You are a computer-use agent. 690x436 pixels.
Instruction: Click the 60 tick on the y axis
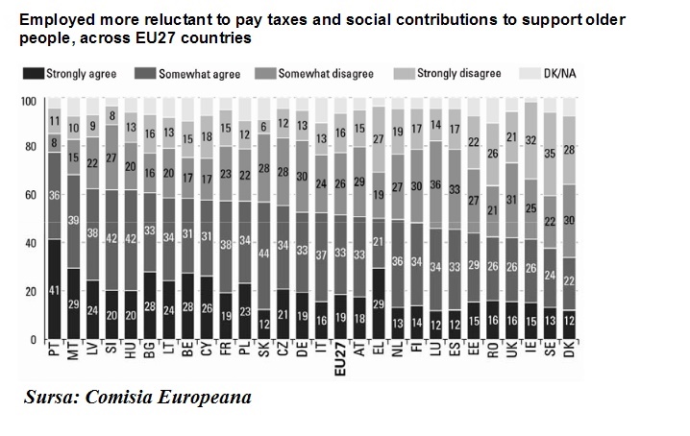[x=30, y=197]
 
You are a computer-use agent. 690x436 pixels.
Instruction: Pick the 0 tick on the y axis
[x=33, y=340]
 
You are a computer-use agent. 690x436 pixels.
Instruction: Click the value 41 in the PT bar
[x=54, y=289]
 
